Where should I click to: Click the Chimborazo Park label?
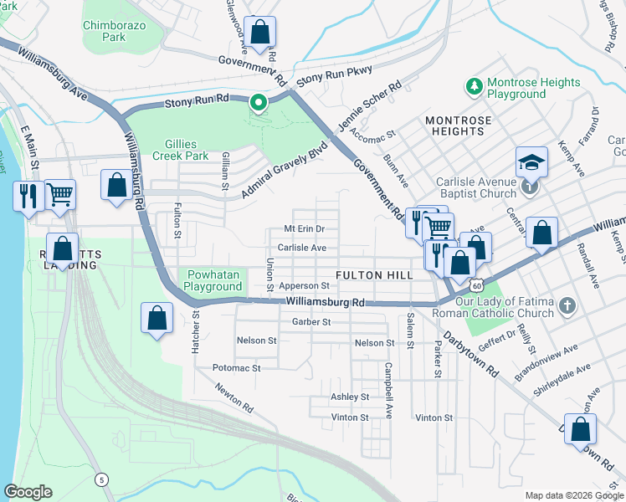(x=115, y=31)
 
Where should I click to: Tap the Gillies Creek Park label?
(x=180, y=150)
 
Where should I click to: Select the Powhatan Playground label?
(x=213, y=281)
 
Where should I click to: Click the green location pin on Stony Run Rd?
(x=259, y=104)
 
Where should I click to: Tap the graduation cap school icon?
(x=531, y=162)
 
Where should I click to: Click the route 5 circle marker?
(x=101, y=479)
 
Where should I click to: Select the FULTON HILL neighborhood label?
(x=372, y=275)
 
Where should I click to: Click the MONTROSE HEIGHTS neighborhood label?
(x=458, y=126)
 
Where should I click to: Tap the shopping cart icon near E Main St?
(x=59, y=195)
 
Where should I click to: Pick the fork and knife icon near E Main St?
(x=28, y=197)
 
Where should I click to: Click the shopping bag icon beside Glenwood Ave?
(x=260, y=33)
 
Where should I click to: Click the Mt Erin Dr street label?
(x=304, y=228)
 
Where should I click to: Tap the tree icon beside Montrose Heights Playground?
(x=475, y=85)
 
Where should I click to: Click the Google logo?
(x=28, y=492)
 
